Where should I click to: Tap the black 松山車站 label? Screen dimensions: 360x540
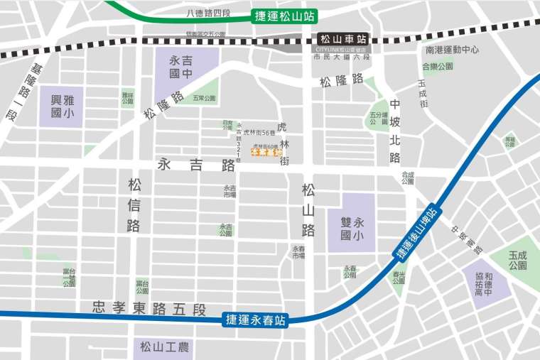click(342, 39)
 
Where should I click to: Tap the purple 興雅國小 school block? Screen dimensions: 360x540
click(62, 107)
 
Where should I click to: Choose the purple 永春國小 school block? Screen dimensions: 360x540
click(351, 223)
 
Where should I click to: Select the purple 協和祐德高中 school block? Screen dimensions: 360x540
click(487, 278)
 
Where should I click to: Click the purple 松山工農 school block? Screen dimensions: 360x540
click(163, 347)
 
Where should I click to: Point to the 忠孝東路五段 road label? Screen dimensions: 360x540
click(148, 309)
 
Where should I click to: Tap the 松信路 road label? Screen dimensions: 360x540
click(134, 205)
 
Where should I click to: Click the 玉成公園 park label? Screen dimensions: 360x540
click(517, 260)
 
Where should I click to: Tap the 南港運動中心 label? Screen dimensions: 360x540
click(452, 50)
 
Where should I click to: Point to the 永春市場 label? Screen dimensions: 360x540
click(298, 252)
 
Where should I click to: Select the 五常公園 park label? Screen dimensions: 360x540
click(204, 99)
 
